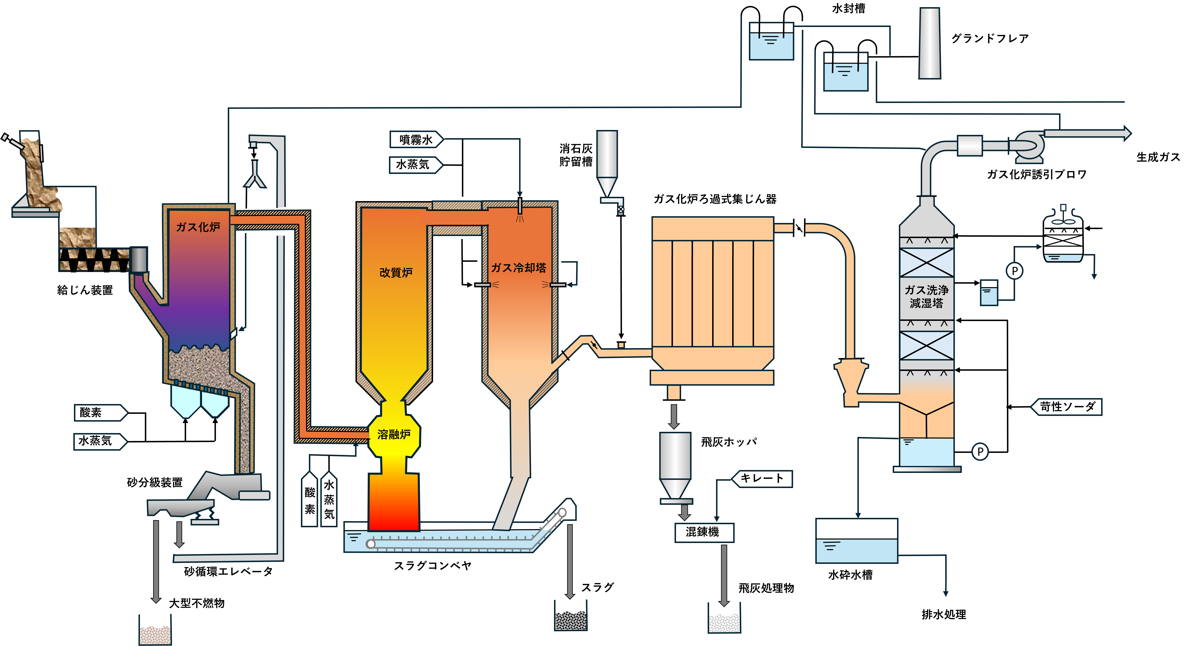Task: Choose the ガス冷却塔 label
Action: click(518, 268)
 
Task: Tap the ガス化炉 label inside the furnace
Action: click(198, 227)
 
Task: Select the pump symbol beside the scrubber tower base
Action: click(980, 452)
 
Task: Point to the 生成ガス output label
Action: click(1158, 157)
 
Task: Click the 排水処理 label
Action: click(944, 614)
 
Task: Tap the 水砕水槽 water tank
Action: click(857, 541)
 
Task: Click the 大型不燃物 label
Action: click(197, 603)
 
